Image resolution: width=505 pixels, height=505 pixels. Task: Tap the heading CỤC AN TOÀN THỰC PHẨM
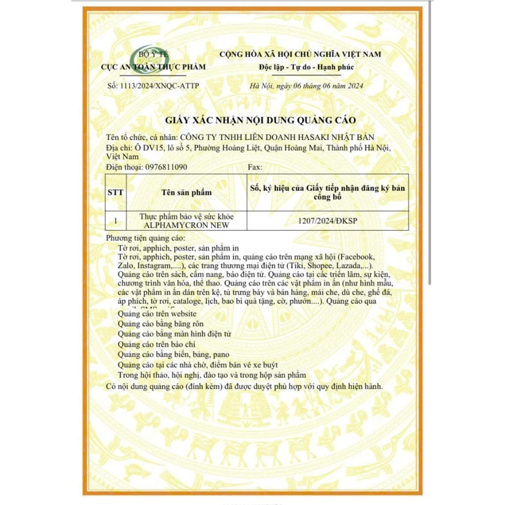(153, 67)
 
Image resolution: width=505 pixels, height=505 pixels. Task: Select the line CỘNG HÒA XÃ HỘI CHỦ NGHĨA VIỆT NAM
(300, 54)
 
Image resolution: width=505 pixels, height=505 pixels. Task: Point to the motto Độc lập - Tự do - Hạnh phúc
(306, 67)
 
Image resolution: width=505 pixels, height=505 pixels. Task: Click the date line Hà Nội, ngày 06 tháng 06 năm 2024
(306, 86)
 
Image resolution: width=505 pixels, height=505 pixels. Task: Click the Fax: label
(254, 167)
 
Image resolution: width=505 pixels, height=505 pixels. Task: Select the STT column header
(115, 192)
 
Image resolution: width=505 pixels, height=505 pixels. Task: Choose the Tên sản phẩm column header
(186, 192)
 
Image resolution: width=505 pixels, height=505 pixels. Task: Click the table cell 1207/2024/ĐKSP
(327, 221)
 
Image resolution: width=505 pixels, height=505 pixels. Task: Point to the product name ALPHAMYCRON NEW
(186, 225)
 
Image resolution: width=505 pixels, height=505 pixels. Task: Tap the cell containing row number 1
(115, 221)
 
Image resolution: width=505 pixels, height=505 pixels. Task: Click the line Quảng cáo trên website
(157, 314)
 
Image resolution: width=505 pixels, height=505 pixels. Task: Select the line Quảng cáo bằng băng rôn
(161, 324)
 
